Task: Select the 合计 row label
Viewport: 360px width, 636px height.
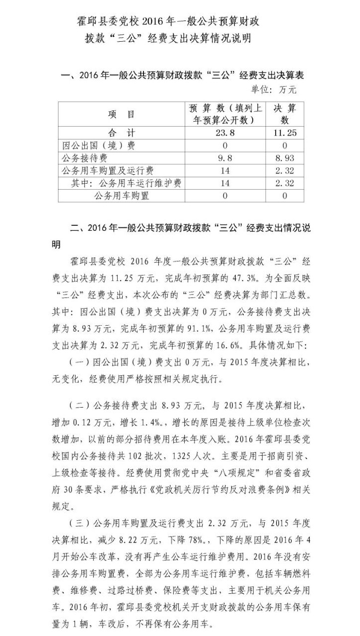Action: tap(122, 133)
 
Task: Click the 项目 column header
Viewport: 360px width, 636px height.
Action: tap(122, 114)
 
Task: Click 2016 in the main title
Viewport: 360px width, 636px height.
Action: tap(155, 22)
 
